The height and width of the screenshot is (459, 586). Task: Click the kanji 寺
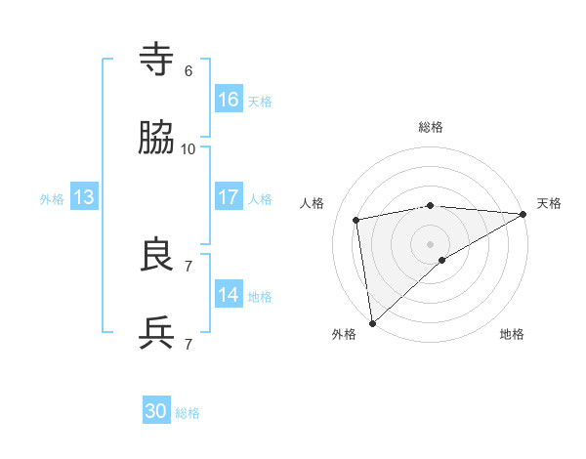157,61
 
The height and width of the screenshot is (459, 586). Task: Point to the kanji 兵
157,334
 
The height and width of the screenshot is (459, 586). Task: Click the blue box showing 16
229,99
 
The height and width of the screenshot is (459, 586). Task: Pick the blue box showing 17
229,197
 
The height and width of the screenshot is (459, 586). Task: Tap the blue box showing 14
229,295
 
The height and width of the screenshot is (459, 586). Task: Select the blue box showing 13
84,197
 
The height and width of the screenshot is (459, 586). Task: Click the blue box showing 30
156,411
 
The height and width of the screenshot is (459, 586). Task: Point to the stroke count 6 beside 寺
188,71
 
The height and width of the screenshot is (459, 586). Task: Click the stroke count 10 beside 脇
188,149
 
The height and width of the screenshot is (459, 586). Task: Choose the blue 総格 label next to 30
188,413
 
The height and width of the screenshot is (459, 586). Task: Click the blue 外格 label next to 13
52,199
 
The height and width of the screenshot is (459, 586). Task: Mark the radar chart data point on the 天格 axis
523,214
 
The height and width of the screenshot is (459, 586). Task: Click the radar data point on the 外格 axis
372,323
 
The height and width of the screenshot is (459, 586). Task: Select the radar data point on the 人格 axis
356,220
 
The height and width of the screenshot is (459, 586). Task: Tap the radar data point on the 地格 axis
442,260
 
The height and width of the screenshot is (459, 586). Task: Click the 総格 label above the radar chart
431,127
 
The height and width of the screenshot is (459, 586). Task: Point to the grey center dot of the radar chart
431,243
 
